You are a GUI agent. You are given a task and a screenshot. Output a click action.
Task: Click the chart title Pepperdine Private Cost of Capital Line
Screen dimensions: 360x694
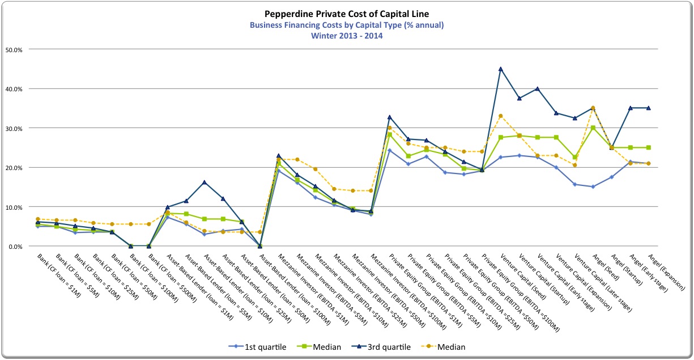347,13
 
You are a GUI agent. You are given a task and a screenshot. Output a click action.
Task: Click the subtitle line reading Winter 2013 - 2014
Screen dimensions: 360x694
347,35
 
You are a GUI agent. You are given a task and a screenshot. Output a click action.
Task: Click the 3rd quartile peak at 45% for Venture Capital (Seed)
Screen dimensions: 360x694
500,69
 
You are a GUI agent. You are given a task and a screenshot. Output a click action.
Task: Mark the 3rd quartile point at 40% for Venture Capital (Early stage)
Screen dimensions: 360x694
537,89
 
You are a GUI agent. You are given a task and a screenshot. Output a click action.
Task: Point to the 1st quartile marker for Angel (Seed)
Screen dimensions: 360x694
593,187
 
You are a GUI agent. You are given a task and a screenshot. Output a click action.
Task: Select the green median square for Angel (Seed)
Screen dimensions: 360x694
593,128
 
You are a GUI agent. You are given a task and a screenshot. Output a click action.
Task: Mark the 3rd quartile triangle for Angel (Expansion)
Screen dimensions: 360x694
648,108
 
